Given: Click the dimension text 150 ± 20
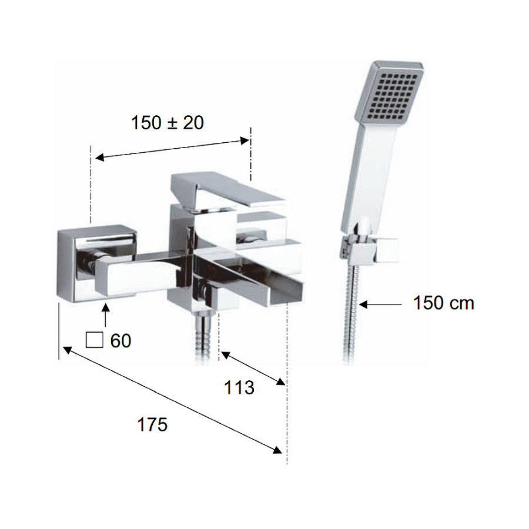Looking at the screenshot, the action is pyautogui.click(x=168, y=122).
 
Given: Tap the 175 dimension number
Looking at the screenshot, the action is pyautogui.click(x=152, y=424).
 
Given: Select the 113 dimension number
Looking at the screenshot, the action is pyautogui.click(x=239, y=388).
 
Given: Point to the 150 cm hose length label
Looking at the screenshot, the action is pyautogui.click(x=444, y=303).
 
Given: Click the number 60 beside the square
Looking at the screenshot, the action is pyautogui.click(x=120, y=341).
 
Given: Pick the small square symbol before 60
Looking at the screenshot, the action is pyautogui.click(x=95, y=340).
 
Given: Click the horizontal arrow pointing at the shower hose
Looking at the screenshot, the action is pyautogui.click(x=380, y=304).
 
